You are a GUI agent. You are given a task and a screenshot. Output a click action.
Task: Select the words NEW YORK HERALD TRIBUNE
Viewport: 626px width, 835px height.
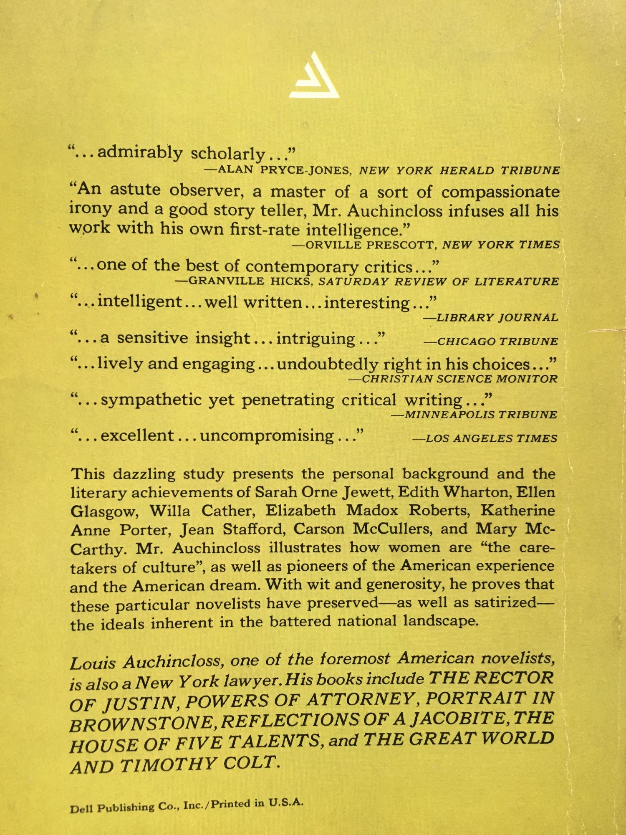(459, 170)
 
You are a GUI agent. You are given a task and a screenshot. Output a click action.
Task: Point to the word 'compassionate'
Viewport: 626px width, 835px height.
(500, 192)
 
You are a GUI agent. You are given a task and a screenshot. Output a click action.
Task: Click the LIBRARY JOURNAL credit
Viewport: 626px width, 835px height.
(491, 318)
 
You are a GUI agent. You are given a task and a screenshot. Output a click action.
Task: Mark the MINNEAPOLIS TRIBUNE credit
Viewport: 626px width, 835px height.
(475, 415)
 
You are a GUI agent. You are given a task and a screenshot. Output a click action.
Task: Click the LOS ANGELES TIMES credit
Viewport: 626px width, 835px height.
(485, 438)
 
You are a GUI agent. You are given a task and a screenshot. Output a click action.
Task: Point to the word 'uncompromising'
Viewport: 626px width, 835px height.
(267, 436)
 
